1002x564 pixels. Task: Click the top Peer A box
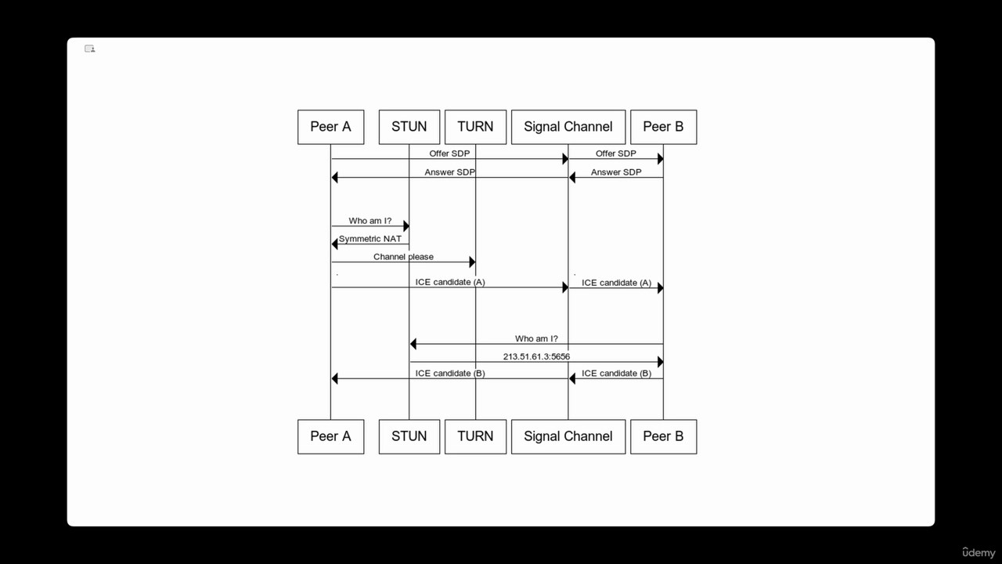tap(330, 127)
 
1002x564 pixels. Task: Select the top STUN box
tap(409, 127)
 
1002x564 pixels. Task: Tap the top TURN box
tap(475, 127)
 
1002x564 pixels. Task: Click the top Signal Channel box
tap(568, 127)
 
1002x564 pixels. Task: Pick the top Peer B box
tap(663, 127)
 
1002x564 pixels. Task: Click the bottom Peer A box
tap(330, 436)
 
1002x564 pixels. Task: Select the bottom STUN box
tap(409, 436)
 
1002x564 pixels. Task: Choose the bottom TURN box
tap(475, 436)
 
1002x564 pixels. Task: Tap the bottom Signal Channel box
tap(568, 436)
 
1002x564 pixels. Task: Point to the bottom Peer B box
tap(663, 436)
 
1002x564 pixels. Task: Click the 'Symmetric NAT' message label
tap(370, 239)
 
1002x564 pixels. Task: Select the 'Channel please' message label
tap(403, 257)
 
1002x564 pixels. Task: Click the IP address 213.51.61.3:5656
tap(536, 356)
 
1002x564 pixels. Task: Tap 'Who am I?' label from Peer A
tap(370, 221)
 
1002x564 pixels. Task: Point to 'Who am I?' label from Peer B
tap(536, 338)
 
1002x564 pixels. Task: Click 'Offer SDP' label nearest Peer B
tap(616, 154)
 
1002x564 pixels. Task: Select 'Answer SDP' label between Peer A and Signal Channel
tap(450, 172)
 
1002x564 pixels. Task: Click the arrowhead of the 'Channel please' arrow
tap(472, 262)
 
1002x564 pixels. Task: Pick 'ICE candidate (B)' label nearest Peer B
tap(616, 374)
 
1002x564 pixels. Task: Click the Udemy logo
tap(979, 552)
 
